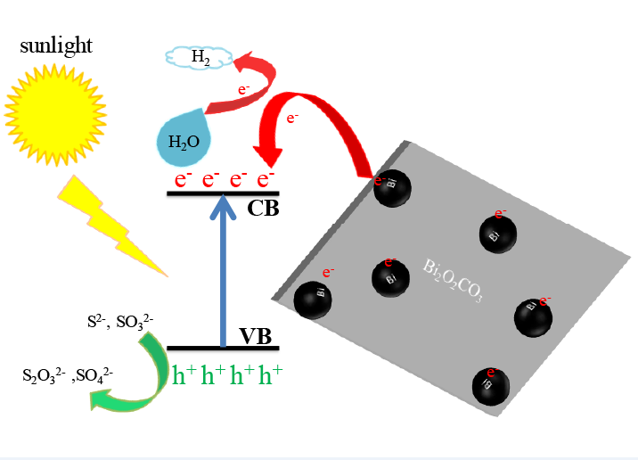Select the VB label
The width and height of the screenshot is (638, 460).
pyautogui.click(x=259, y=336)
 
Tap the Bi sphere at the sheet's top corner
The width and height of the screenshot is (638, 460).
pyautogui.click(x=393, y=187)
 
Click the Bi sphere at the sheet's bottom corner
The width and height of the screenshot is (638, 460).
pyautogui.click(x=491, y=384)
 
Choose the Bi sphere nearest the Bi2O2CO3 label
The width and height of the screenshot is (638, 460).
pyautogui.click(x=390, y=277)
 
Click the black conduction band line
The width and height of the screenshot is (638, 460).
pyautogui.click(x=223, y=193)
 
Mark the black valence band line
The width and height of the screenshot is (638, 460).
pyautogui.click(x=223, y=348)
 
